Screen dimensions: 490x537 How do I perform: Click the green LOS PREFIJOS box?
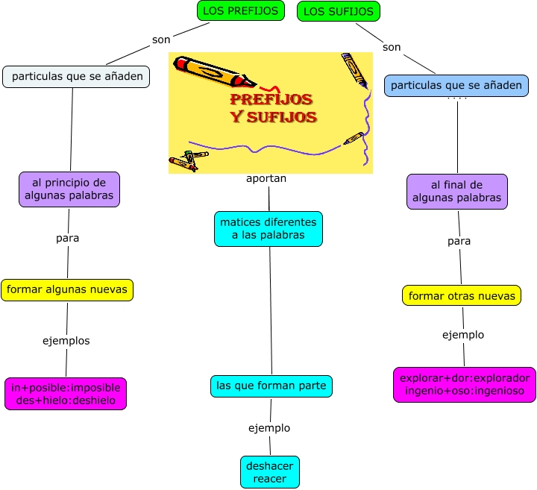(241, 11)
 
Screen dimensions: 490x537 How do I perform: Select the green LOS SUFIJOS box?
(339, 11)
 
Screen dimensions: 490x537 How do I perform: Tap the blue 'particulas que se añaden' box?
(456, 86)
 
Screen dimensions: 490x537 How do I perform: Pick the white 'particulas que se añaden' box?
(77, 77)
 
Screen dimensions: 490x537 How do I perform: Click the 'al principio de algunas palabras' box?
(69, 189)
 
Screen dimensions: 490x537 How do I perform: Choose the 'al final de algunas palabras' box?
(456, 192)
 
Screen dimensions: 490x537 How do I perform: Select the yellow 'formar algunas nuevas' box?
(67, 289)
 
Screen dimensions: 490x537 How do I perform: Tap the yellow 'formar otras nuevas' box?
(462, 295)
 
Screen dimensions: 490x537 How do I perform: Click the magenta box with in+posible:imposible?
(66, 394)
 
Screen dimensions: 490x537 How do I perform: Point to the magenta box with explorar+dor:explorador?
(464, 385)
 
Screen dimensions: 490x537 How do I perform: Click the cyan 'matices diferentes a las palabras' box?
(268, 228)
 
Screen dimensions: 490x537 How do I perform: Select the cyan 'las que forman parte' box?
(271, 386)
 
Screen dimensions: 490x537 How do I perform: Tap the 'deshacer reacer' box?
(270, 472)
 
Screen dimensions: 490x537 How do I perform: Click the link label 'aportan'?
(266, 179)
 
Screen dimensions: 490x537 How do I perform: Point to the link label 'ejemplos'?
(66, 341)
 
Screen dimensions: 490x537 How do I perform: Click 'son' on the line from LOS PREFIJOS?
(161, 40)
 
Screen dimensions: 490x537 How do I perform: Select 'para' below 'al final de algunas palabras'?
(459, 241)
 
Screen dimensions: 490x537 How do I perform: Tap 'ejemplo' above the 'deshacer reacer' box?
(269, 428)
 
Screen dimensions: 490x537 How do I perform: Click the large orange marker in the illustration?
(213, 71)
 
